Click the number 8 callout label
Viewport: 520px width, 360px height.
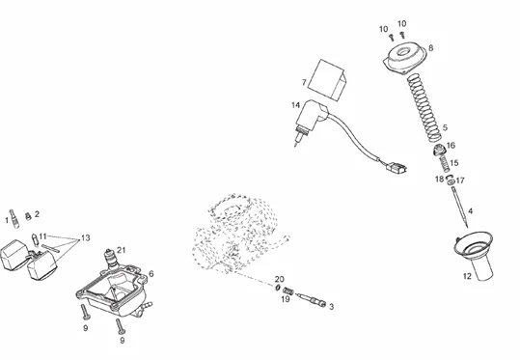(x=431, y=48)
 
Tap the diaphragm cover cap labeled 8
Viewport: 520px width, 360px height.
(x=404, y=58)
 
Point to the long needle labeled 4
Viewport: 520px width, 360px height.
(x=459, y=208)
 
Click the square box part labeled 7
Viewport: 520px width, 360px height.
(x=327, y=80)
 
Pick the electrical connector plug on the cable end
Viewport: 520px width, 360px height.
(x=396, y=167)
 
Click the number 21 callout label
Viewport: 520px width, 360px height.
(x=122, y=250)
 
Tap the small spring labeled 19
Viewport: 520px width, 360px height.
(x=288, y=291)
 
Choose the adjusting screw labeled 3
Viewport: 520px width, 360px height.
(x=311, y=299)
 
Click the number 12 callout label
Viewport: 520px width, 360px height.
(x=467, y=276)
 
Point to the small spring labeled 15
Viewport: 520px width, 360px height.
(x=445, y=161)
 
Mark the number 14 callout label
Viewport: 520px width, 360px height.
(x=296, y=105)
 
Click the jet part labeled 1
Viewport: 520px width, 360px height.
(x=14, y=218)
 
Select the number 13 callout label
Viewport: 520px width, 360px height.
(x=86, y=237)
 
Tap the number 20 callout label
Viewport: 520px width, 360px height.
(x=280, y=279)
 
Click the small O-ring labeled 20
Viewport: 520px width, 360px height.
(x=278, y=288)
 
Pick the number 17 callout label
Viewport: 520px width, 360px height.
(x=460, y=180)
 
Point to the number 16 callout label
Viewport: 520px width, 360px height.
(x=452, y=146)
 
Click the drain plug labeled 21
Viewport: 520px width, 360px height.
(x=112, y=258)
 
